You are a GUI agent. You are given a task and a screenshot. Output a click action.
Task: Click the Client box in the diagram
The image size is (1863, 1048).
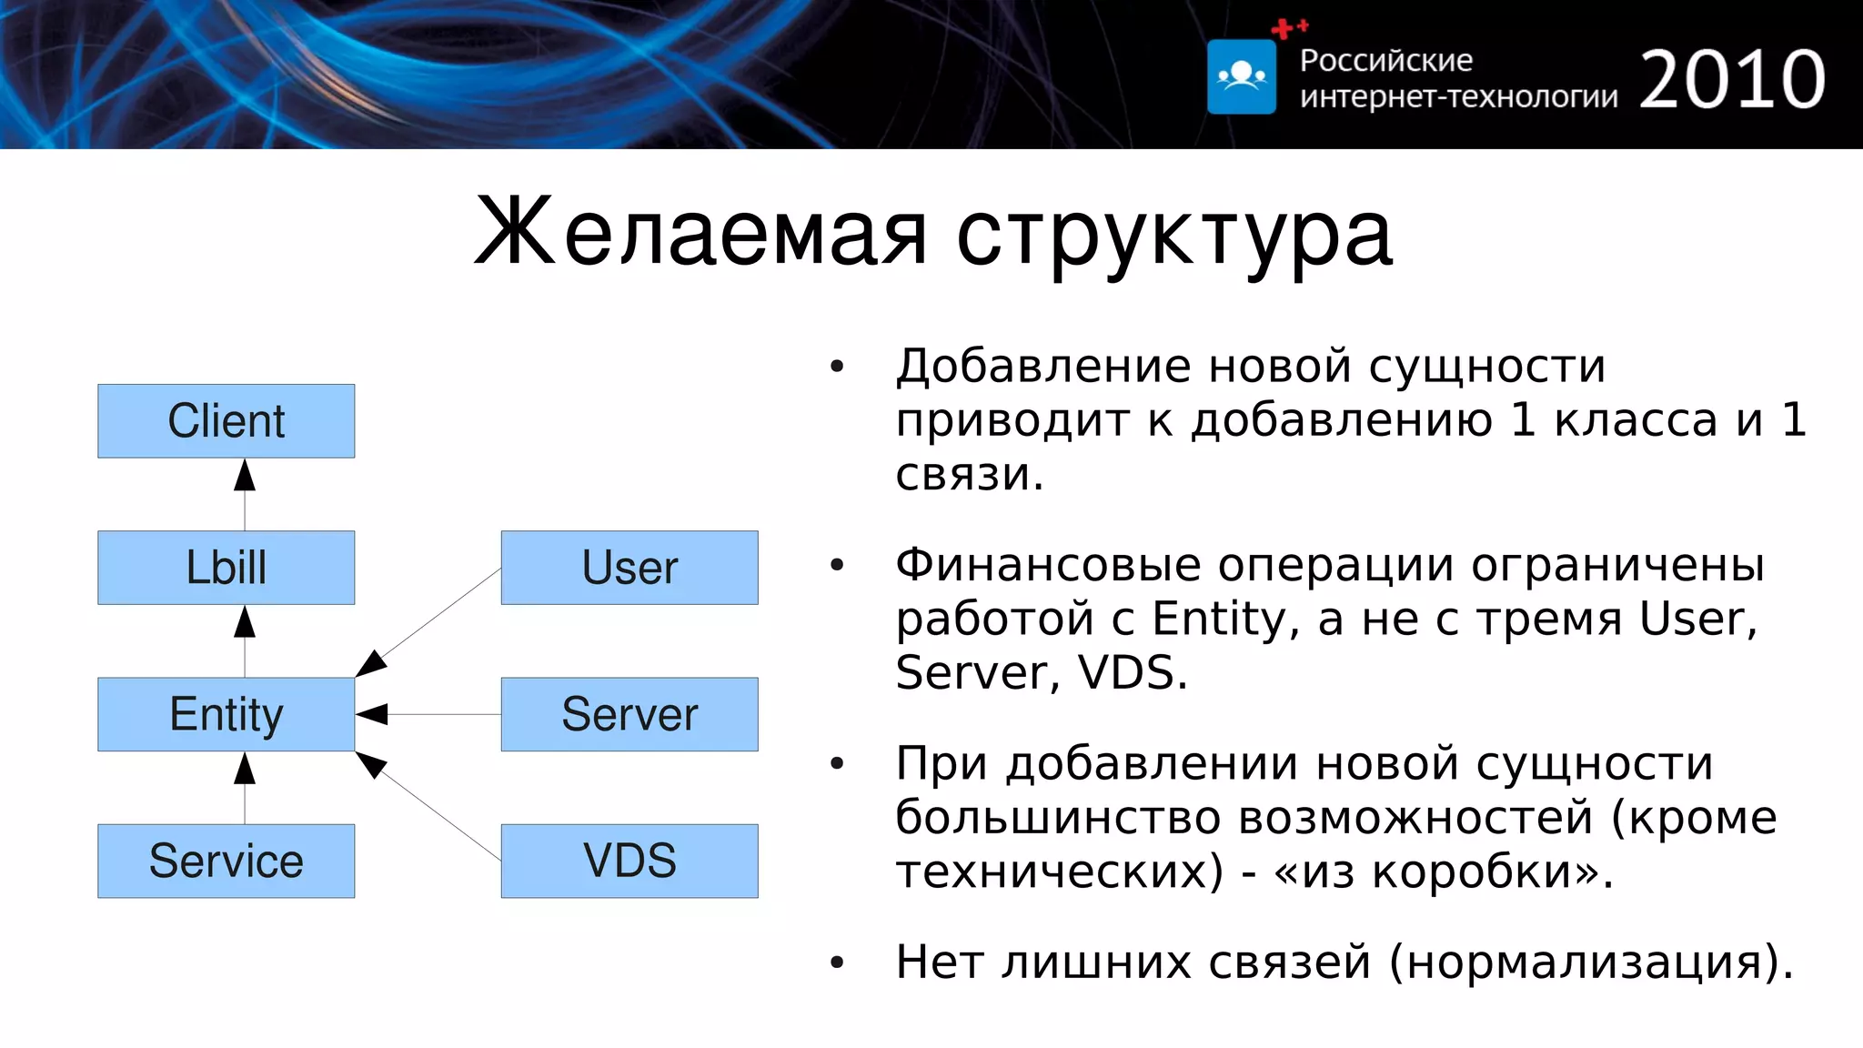(226, 421)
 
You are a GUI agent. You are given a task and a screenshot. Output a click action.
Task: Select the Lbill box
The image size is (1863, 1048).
(226, 568)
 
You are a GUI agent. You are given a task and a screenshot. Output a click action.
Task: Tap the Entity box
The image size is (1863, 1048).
(226, 714)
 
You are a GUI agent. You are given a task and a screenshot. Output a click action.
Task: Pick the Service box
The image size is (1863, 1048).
(226, 861)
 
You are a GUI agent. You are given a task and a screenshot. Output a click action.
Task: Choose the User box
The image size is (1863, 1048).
(629, 568)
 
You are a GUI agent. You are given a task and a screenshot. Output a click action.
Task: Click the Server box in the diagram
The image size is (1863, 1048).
(629, 714)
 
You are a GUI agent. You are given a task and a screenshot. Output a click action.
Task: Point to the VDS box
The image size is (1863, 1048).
(629, 861)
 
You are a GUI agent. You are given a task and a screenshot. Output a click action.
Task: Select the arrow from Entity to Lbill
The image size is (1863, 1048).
(245, 640)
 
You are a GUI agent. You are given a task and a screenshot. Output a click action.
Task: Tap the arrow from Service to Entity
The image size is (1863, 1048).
(245, 787)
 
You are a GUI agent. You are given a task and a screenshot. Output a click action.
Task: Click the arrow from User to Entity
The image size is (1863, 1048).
(428, 622)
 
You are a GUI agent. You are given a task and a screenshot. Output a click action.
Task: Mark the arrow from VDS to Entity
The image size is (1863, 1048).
(428, 806)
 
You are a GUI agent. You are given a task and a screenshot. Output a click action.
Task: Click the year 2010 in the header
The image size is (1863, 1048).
(1732, 80)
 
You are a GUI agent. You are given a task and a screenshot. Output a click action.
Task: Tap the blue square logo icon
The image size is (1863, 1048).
(1242, 77)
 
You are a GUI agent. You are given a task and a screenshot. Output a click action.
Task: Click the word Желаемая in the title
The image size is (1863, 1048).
(700, 234)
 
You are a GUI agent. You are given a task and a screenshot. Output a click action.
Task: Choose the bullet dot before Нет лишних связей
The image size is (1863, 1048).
(837, 962)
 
